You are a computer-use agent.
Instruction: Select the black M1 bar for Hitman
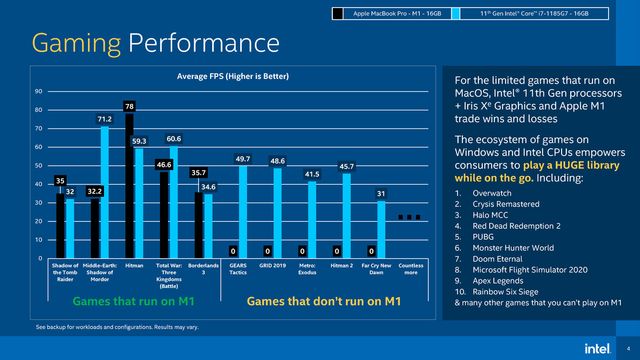(129, 185)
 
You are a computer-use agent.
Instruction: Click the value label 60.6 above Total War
(174, 138)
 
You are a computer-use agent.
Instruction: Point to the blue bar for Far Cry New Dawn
(381, 229)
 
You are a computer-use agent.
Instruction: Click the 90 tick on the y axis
(38, 91)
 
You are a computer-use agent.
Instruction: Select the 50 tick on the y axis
(38, 165)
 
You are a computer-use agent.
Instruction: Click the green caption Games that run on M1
(128, 300)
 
